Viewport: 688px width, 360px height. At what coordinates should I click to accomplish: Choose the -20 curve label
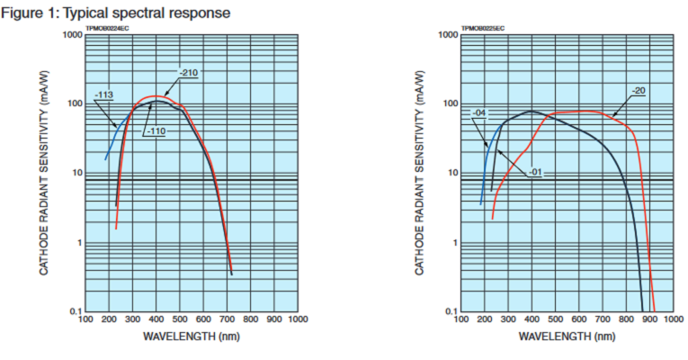click(639, 90)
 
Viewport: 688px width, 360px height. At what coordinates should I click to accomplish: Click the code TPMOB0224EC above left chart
click(107, 29)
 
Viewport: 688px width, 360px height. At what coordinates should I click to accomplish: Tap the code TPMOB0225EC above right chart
click(483, 29)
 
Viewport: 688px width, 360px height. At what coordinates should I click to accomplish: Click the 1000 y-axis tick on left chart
click(73, 35)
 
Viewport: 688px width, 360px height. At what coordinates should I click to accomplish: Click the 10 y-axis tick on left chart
click(77, 173)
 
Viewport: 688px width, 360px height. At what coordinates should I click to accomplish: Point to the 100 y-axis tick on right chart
click(452, 103)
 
